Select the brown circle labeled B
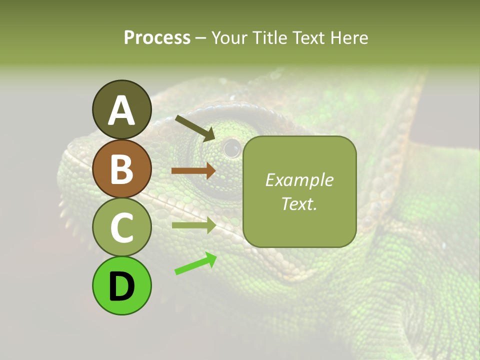coord(121,168)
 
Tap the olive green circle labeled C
coord(121,227)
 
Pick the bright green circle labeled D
coord(121,285)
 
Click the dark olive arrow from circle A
coord(195,128)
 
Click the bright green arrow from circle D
coord(195,263)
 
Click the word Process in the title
coord(157,37)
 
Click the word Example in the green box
coord(299,180)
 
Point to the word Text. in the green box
coord(299,203)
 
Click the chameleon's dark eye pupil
coord(232,147)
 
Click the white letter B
coord(121,168)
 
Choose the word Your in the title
coord(229,37)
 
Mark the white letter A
coord(121,110)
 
